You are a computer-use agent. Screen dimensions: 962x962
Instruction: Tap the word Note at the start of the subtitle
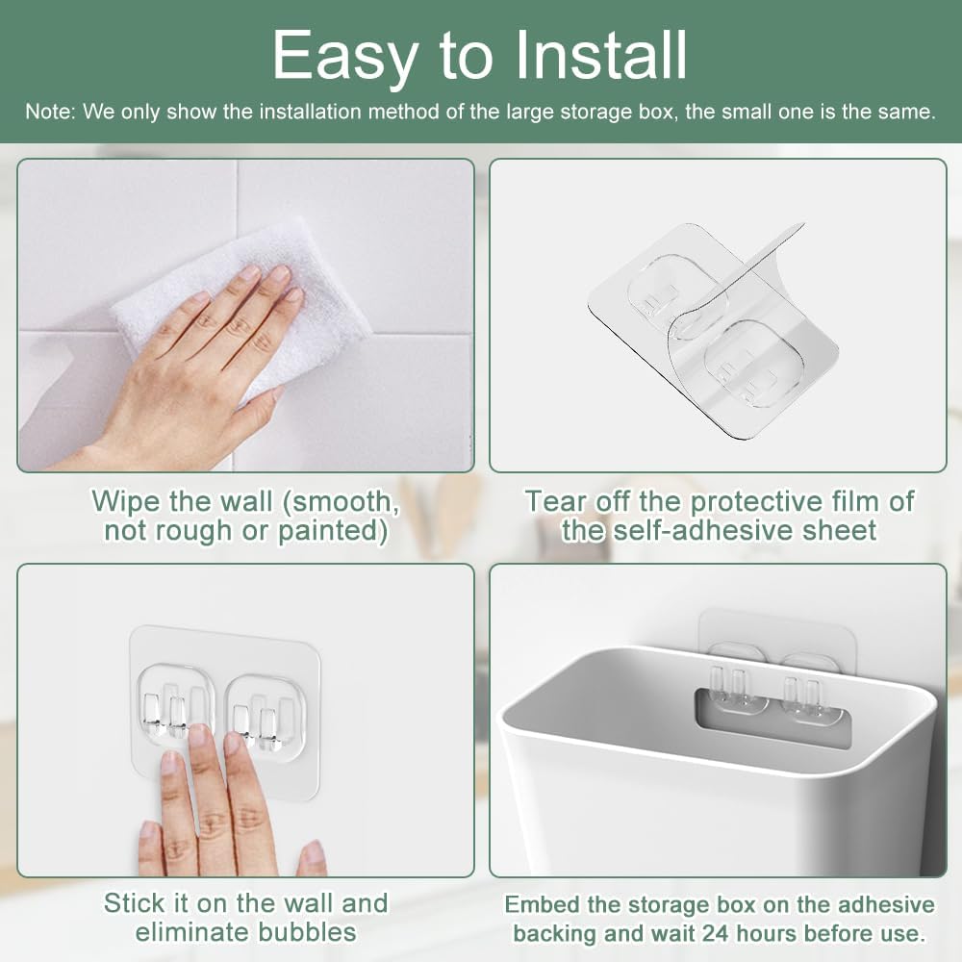(48, 112)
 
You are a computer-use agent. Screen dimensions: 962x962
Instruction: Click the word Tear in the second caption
(554, 501)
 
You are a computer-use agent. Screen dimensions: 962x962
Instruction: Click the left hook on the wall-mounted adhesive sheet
(176, 708)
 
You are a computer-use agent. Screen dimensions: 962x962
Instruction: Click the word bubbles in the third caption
(307, 931)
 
